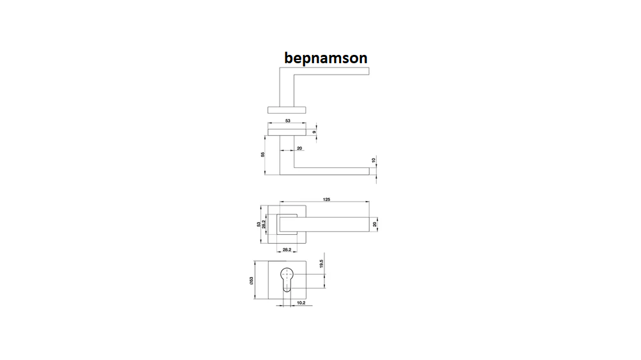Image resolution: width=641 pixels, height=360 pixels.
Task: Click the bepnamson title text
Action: (x=326, y=58)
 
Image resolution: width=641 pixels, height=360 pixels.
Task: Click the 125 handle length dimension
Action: (x=327, y=199)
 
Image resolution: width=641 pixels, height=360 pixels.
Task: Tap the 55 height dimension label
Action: (x=263, y=154)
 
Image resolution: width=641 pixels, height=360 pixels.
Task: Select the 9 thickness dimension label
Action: (x=314, y=132)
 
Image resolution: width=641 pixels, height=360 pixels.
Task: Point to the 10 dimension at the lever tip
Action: (x=373, y=161)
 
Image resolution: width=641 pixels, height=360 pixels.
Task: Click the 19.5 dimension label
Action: (x=321, y=264)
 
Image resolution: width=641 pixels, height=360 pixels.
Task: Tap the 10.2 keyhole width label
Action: (x=301, y=303)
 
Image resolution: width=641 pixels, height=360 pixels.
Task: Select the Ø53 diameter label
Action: (x=252, y=281)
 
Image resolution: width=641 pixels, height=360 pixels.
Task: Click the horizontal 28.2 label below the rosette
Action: (x=287, y=250)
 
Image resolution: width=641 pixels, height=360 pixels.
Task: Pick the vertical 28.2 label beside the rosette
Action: (x=264, y=224)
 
